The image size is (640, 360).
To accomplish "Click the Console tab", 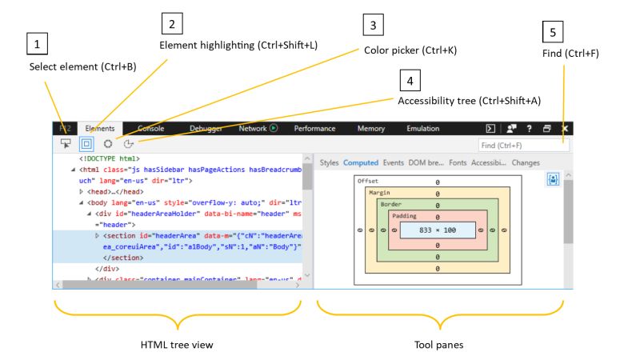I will [x=151, y=128].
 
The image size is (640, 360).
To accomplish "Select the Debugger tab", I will [x=206, y=128].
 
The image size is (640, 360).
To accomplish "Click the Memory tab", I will [x=370, y=128].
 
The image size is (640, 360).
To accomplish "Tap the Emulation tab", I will [x=423, y=128].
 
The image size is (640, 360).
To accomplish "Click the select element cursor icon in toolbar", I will [x=66, y=144].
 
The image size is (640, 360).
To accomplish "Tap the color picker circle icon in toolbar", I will [x=107, y=144].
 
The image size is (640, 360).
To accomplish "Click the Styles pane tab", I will [x=329, y=162].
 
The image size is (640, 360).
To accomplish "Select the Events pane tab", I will [x=393, y=162].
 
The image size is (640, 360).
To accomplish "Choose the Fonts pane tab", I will [x=458, y=162].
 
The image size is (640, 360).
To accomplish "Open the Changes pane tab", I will [x=526, y=162].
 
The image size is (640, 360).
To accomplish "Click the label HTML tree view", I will [x=176, y=344].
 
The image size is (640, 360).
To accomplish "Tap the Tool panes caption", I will [x=440, y=344].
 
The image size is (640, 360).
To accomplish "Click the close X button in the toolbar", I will [x=565, y=128].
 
